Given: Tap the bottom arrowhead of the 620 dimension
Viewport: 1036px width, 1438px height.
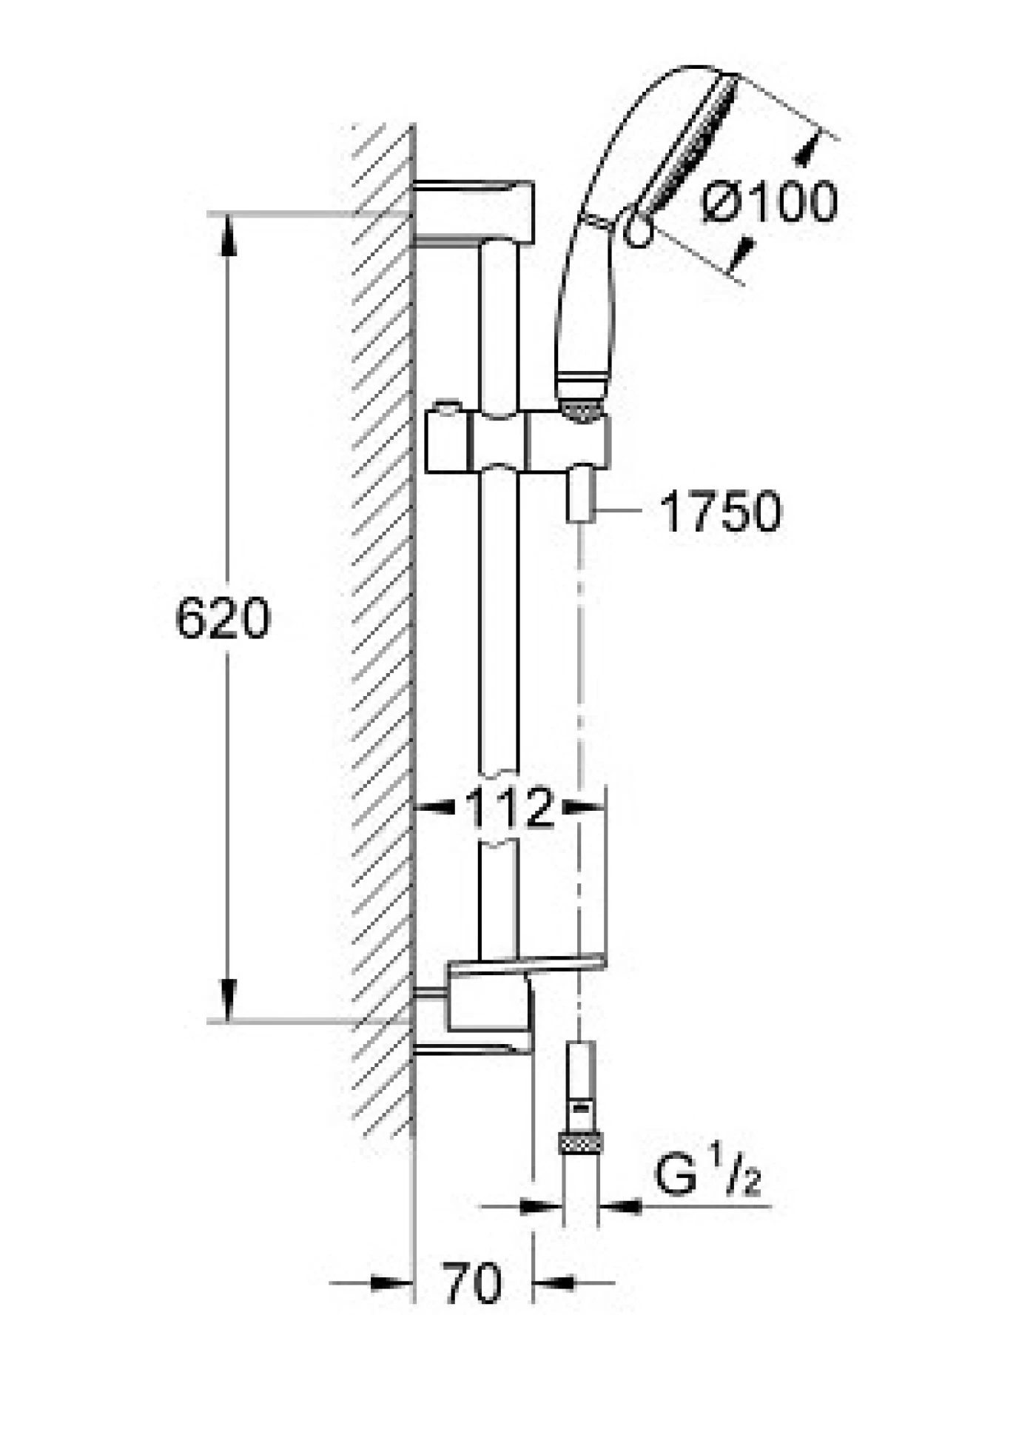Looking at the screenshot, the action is (x=228, y=1000).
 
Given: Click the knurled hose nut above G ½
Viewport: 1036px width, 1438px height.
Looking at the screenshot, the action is (x=580, y=1144).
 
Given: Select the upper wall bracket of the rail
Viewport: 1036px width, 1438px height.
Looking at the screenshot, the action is (x=474, y=210).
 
